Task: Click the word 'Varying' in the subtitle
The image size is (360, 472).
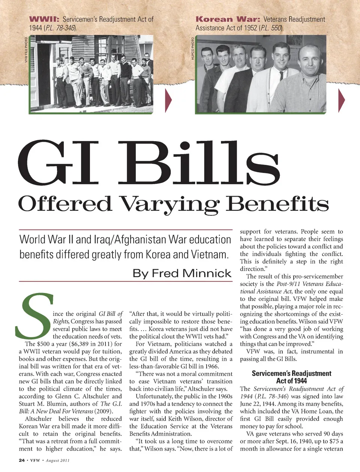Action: click(x=169, y=204)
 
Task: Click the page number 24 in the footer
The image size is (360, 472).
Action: click(x=22, y=460)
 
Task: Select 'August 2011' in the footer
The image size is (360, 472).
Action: click(x=58, y=460)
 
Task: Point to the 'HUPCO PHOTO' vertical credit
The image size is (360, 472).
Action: click(x=193, y=48)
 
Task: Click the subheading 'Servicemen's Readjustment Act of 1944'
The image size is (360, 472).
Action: click(x=291, y=377)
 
